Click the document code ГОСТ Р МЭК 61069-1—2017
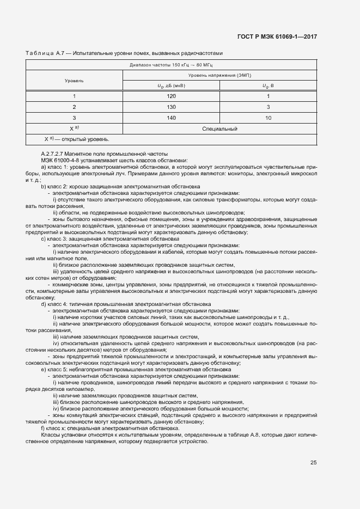point(277,36)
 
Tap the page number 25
point(313,463)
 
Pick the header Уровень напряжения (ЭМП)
point(219,75)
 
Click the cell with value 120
point(172,96)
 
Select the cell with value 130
point(172,107)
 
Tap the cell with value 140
point(172,118)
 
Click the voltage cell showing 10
point(268,118)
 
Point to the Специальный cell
point(219,128)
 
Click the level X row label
point(74,128)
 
